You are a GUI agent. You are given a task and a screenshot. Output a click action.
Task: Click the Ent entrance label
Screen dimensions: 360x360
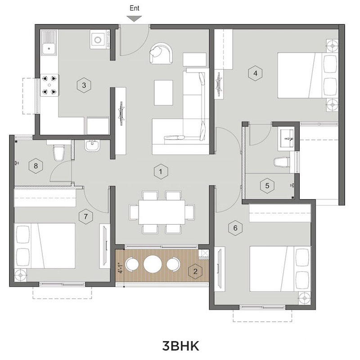coord(134,8)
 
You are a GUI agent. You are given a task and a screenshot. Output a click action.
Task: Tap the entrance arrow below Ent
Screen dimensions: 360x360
coord(134,18)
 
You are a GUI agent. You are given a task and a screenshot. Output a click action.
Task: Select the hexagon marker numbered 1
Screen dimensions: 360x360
coord(161,171)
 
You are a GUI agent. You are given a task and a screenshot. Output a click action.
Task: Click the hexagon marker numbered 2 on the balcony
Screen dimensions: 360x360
coord(195,272)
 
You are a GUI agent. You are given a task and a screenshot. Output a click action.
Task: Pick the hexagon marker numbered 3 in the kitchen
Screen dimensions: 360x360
coord(84,85)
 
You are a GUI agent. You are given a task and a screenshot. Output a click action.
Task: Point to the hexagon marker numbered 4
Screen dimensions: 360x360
coord(255,73)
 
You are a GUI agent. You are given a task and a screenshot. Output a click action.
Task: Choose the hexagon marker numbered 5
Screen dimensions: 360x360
coord(267,185)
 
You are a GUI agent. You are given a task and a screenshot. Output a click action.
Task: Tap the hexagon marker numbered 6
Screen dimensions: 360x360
coord(235,228)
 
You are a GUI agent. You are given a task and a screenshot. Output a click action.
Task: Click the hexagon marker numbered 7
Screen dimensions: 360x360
coord(85,216)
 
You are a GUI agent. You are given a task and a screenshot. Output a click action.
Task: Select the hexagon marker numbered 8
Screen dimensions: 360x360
coord(36,166)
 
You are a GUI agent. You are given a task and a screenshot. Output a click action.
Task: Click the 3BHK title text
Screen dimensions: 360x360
coord(181,346)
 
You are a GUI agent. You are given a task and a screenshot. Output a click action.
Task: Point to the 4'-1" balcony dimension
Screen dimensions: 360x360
coord(120,268)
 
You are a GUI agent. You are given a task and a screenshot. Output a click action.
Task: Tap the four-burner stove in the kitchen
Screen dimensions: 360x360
coord(49,85)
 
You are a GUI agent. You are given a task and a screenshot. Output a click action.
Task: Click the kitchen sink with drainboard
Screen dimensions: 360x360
coord(49,42)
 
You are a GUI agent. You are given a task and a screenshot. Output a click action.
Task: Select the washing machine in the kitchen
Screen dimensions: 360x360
coord(100,40)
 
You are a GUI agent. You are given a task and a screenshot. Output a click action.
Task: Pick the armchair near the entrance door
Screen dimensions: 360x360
coord(161,53)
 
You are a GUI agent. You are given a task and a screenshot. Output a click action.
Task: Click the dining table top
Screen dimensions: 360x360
coord(162,211)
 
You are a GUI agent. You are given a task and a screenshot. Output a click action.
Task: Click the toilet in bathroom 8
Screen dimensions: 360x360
coord(59,152)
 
